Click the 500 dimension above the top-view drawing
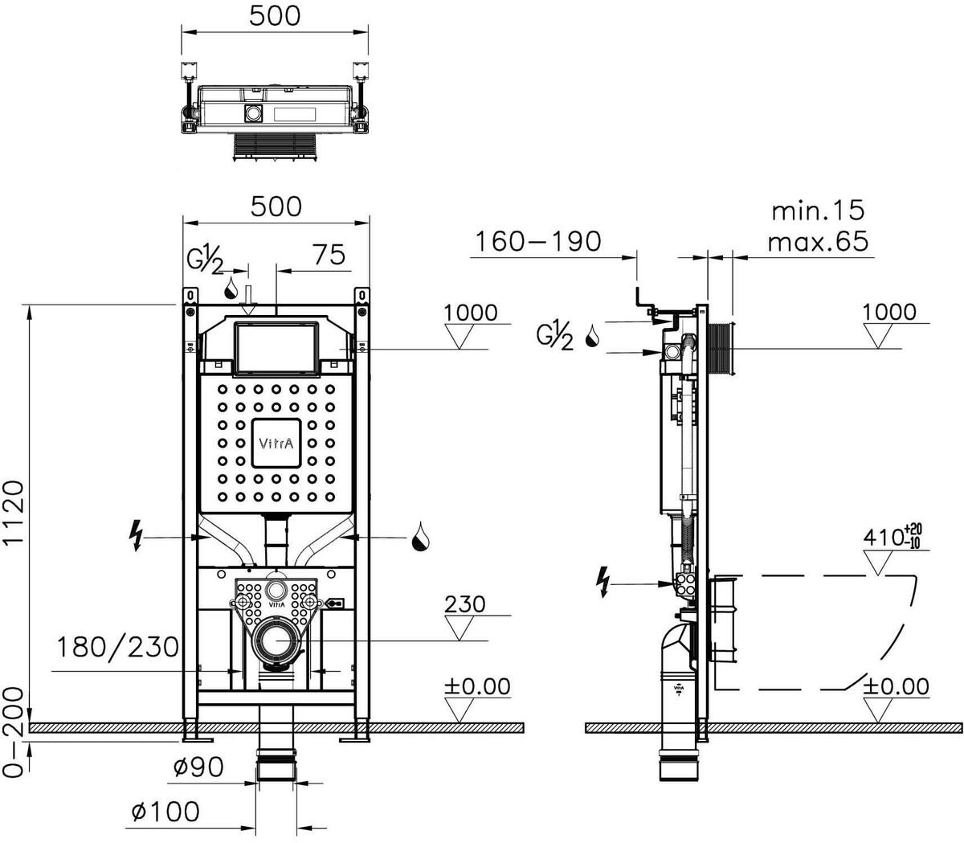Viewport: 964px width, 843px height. coord(275,15)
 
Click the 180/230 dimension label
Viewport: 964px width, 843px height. coord(117,647)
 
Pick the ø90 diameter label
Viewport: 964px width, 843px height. coord(196,768)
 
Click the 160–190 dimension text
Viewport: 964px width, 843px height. coord(536,241)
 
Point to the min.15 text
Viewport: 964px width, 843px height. coord(818,211)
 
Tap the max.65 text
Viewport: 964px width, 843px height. coord(818,241)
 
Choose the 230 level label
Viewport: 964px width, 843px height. coord(465,604)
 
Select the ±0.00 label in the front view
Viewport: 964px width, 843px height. coord(477,686)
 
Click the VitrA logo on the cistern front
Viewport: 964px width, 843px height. coord(276,442)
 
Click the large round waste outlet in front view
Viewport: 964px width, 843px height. coord(276,640)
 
